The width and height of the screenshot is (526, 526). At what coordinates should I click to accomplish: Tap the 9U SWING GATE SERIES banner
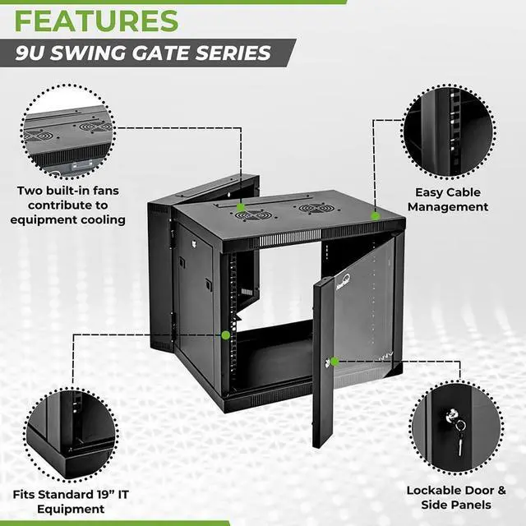(x=144, y=53)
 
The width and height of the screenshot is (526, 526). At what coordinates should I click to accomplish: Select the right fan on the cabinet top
(x=315, y=208)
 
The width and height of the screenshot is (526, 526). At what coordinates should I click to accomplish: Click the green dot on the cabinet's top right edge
(x=375, y=216)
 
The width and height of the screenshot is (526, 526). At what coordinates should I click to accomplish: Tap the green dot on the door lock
(x=335, y=361)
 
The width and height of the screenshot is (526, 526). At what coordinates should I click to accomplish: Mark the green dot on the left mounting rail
(x=225, y=335)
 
